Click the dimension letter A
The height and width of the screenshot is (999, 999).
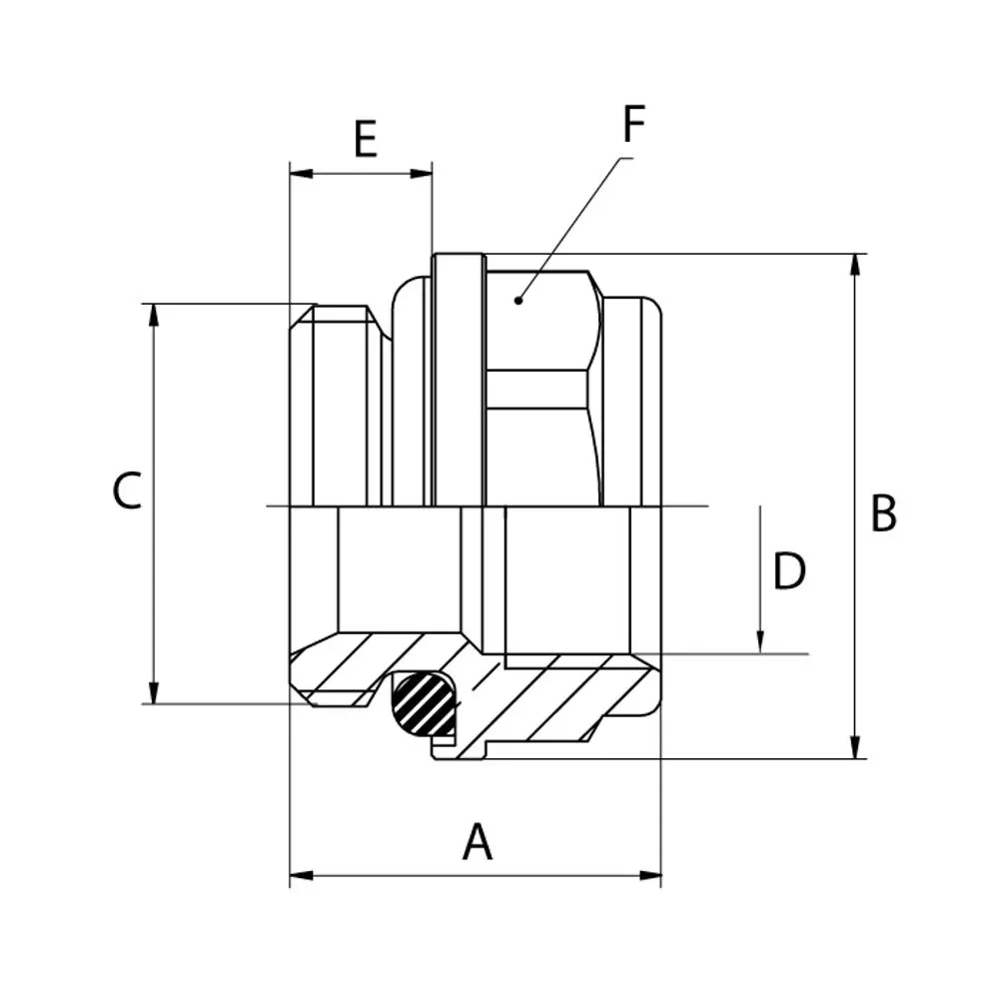478,841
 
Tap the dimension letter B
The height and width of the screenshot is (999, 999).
883,512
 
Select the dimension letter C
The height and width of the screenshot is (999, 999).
127,491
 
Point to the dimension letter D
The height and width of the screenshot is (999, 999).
789,570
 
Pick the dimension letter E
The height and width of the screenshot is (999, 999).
366,138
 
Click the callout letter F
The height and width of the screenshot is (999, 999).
634,124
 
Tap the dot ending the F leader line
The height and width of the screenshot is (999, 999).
518,300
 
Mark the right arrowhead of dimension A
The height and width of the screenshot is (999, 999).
650,875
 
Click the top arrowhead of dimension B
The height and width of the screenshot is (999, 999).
855,265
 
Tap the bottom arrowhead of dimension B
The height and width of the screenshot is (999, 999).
855,747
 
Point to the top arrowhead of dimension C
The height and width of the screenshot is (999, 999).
153,316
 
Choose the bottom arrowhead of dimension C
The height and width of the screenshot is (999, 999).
153,692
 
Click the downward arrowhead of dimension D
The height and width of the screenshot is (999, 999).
760,642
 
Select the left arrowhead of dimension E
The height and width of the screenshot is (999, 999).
302,173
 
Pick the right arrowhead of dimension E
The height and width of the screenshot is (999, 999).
422,173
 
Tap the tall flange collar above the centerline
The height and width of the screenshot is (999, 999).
459,381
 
